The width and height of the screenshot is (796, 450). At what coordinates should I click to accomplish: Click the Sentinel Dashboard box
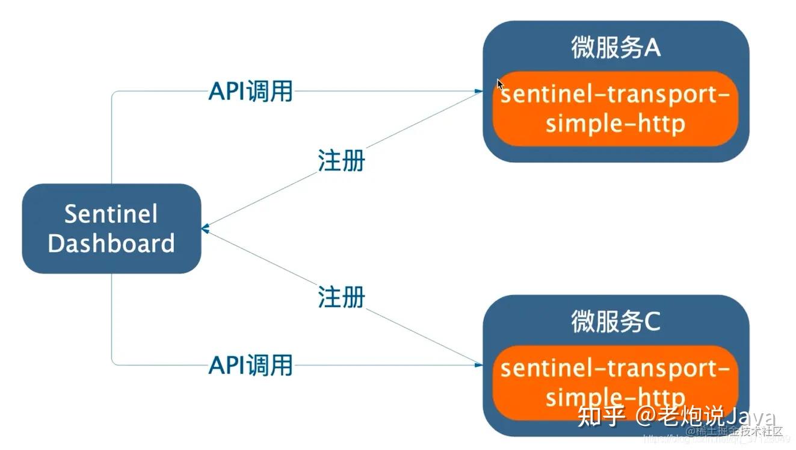click(111, 229)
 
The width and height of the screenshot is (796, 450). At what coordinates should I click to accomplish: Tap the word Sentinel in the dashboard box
click(111, 214)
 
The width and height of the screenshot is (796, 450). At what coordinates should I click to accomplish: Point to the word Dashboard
click(111, 244)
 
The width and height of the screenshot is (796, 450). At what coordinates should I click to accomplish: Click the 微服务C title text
click(616, 322)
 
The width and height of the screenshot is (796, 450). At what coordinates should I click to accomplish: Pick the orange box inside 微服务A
click(616, 109)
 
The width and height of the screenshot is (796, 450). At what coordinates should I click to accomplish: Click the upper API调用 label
click(250, 92)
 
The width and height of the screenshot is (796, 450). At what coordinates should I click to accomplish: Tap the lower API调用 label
click(250, 365)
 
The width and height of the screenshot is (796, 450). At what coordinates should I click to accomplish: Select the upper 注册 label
click(341, 161)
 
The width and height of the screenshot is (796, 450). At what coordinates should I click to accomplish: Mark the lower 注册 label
click(341, 297)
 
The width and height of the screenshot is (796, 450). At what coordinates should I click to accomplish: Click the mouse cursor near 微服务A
click(499, 84)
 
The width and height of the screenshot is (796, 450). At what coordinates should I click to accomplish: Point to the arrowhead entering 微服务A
click(479, 92)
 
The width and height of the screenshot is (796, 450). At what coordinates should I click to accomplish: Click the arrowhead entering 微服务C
click(479, 364)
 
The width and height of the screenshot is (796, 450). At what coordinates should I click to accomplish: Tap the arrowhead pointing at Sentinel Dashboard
click(205, 229)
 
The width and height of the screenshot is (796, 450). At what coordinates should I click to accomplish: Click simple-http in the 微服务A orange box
click(616, 123)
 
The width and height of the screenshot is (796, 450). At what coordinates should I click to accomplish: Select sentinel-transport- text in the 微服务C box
click(616, 367)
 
